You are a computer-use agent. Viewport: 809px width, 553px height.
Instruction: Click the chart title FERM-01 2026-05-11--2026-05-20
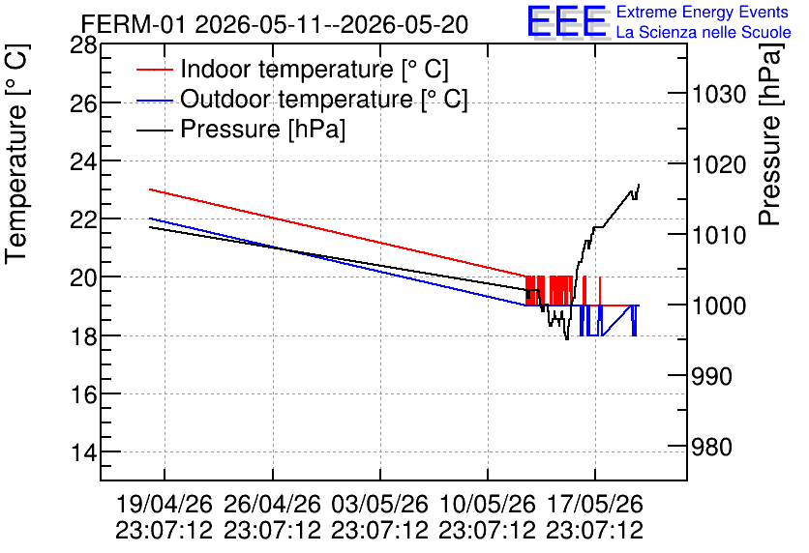pos(275,24)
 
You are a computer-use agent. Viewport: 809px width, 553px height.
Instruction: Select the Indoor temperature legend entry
pos(292,69)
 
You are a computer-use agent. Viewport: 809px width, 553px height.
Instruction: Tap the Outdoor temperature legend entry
pos(302,99)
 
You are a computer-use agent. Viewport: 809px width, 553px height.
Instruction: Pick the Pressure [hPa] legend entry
pos(241,129)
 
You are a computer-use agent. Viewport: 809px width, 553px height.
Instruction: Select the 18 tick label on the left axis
pos(83,335)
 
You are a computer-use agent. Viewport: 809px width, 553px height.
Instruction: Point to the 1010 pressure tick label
pos(719,236)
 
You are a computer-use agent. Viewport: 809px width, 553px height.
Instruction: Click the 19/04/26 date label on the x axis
pos(165,504)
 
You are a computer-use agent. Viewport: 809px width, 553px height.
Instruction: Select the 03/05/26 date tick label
pos(379,504)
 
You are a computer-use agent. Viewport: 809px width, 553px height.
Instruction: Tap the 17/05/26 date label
pos(595,504)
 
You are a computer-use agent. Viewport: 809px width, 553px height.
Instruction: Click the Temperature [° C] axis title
pos(16,154)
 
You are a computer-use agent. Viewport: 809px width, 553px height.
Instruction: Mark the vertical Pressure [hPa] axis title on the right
pos(770,134)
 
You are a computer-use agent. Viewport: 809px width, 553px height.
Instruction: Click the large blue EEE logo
pos(567,21)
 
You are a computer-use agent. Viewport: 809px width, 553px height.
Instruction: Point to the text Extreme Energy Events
pos(703,12)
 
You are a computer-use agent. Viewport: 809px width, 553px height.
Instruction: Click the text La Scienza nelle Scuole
pos(704,32)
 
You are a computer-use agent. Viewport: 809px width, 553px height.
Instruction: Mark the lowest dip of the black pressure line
pos(567,339)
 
